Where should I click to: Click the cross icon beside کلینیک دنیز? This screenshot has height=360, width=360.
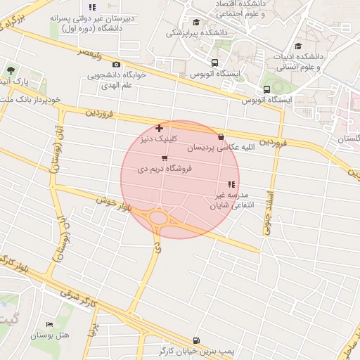point(160,128)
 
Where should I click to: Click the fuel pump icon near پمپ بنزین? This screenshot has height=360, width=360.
point(195,339)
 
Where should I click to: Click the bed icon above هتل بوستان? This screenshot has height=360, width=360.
point(49,324)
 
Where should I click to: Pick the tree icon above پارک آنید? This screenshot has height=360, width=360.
point(11,70)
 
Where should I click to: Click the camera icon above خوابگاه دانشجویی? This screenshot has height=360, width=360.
point(116,65)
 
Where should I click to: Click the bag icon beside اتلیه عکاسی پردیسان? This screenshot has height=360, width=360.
point(222,137)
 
